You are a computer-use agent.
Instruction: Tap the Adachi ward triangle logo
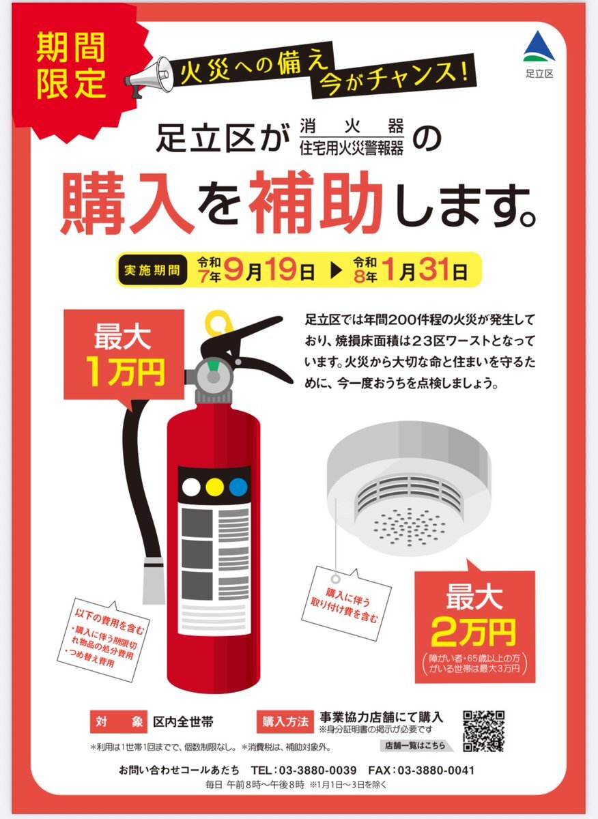click(x=539, y=46)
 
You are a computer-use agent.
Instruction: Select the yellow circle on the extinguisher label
click(x=215, y=487)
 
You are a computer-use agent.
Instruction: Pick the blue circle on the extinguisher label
click(x=238, y=487)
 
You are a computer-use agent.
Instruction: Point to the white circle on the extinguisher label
click(x=191, y=487)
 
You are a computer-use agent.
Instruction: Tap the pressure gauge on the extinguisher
click(x=214, y=375)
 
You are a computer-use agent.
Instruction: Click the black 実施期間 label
click(x=152, y=270)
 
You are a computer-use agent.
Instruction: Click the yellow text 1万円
click(x=125, y=372)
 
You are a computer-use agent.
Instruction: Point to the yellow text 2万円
click(x=474, y=632)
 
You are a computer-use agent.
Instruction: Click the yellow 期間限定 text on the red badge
click(x=71, y=65)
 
